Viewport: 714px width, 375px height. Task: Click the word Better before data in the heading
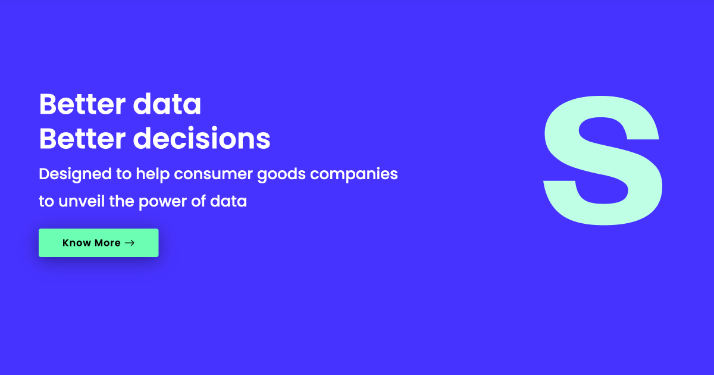(x=82, y=104)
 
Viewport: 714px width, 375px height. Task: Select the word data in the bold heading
(x=167, y=104)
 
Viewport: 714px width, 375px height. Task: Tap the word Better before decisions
(x=82, y=138)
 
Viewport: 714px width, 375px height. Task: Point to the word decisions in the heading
(x=202, y=137)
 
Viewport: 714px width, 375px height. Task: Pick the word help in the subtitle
(x=153, y=174)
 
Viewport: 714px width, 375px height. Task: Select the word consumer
(x=213, y=174)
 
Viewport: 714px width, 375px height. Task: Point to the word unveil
(x=82, y=201)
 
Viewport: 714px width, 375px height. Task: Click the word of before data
(x=198, y=201)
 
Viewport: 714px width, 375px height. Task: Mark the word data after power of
(x=228, y=201)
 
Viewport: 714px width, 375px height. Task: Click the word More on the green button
(x=108, y=243)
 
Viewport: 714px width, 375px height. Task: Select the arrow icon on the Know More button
(x=130, y=243)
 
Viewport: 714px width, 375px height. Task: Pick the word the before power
(x=121, y=201)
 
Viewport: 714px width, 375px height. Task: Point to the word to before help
(x=124, y=174)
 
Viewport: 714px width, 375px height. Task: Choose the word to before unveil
(x=46, y=202)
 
